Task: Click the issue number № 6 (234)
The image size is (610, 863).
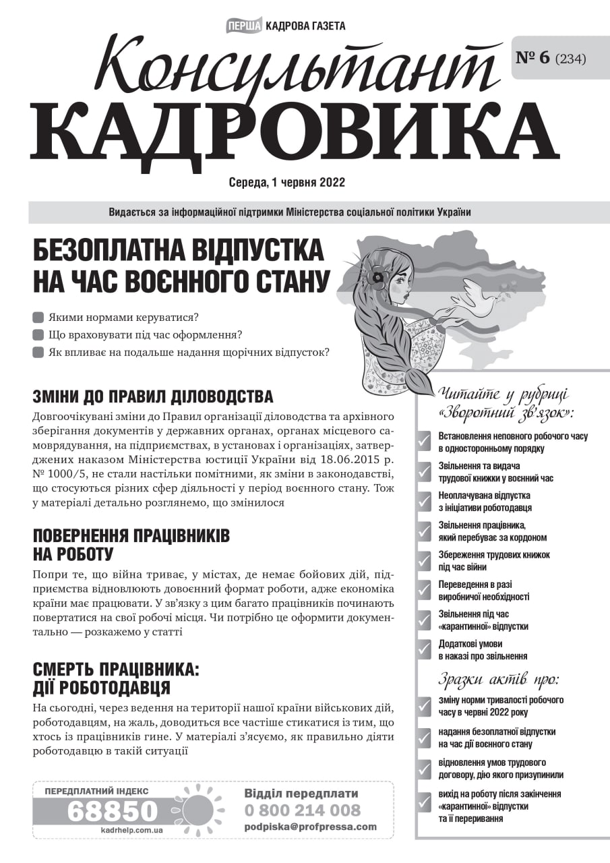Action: [x=550, y=58]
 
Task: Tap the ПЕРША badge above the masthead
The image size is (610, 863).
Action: [x=245, y=26]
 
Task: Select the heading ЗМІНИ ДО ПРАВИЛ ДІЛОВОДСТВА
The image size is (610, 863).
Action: [x=153, y=396]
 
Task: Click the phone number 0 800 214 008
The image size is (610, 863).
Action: [x=302, y=810]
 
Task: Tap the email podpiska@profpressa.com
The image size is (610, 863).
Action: [x=310, y=827]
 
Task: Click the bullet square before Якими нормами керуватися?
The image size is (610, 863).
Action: [x=38, y=317]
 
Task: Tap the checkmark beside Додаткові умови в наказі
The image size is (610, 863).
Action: [x=424, y=649]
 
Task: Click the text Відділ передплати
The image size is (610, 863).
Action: [x=301, y=794]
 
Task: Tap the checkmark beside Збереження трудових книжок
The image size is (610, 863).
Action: [x=424, y=560]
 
